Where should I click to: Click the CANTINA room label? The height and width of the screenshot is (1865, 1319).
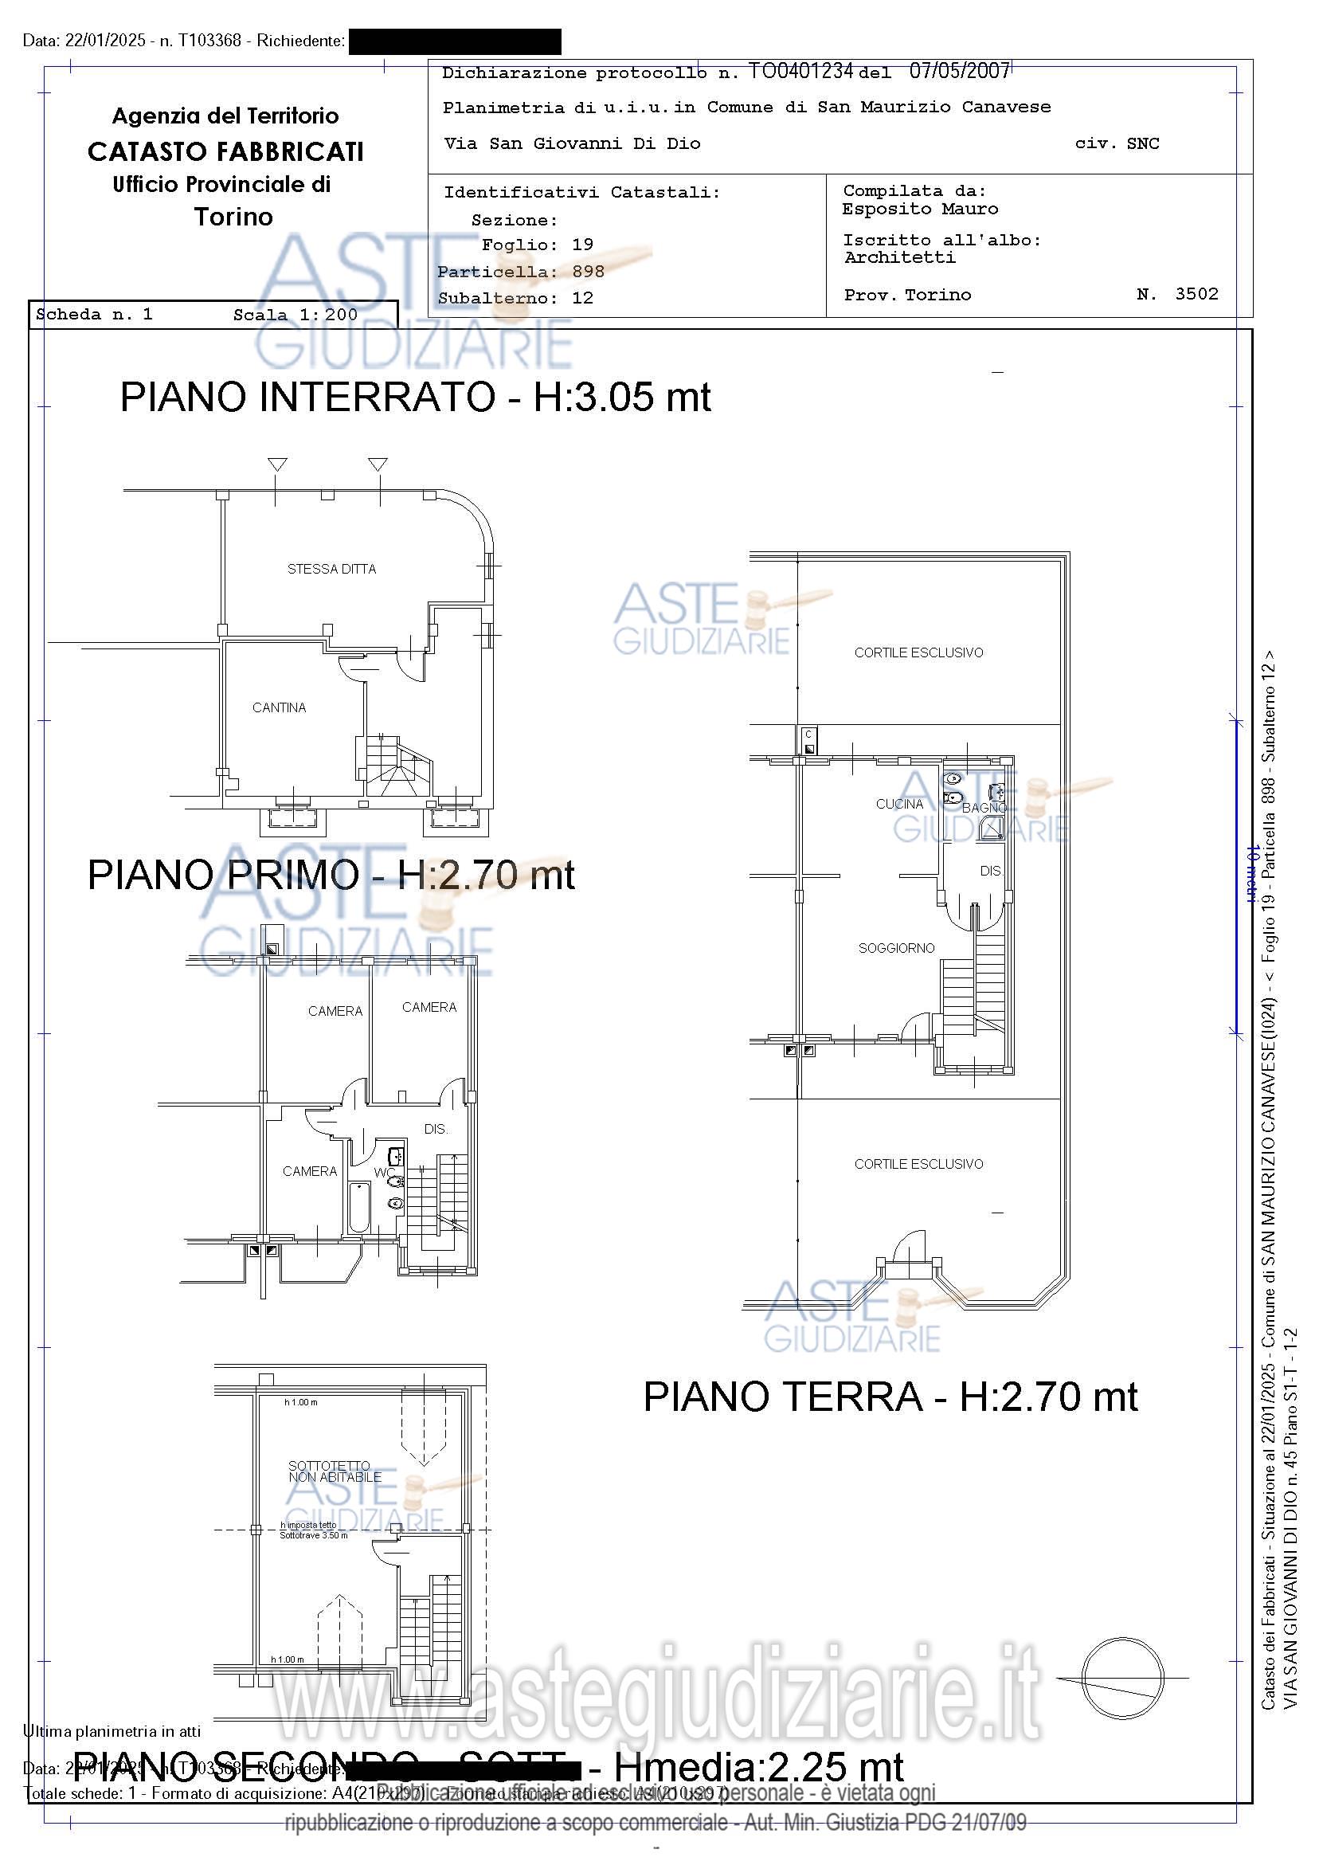[x=279, y=707]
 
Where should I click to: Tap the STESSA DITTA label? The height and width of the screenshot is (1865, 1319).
[x=331, y=570]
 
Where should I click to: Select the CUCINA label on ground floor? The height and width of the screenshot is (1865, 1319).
[x=899, y=804]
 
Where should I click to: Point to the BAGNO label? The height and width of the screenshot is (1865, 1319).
[x=984, y=809]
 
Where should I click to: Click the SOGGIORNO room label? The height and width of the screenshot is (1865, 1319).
[x=896, y=948]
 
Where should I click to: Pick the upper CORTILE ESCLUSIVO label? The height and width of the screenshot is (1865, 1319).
[x=918, y=652]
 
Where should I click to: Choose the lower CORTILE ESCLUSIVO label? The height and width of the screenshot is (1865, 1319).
[x=918, y=1164]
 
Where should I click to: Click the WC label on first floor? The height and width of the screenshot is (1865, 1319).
[x=383, y=1173]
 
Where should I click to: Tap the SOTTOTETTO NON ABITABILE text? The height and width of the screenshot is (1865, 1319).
[x=335, y=1472]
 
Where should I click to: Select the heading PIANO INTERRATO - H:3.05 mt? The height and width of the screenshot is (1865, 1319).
[x=415, y=398]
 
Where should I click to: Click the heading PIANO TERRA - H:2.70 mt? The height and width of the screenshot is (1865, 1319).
[x=890, y=1397]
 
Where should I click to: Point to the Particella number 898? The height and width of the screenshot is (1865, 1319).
[x=588, y=272]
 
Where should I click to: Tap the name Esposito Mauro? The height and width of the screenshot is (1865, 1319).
[x=919, y=210]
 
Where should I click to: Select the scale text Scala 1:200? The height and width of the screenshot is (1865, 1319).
[x=295, y=315]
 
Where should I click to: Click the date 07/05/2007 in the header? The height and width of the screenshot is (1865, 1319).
[x=958, y=72]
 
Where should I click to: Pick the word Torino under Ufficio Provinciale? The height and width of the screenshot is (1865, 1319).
[x=233, y=217]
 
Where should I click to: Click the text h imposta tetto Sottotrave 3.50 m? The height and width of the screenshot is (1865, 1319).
[x=314, y=1530]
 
